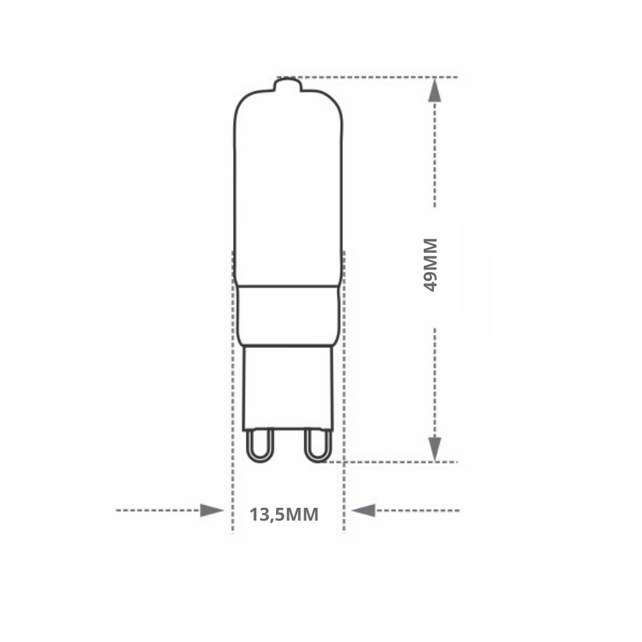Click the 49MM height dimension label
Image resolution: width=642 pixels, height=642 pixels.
pyautogui.click(x=430, y=265)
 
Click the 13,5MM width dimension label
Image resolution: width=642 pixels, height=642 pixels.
pyautogui.click(x=284, y=515)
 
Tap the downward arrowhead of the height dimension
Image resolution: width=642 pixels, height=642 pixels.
pyautogui.click(x=435, y=449)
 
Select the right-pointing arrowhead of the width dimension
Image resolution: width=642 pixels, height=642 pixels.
pyautogui.click(x=212, y=510)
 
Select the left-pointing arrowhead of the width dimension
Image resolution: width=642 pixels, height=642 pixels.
pyautogui.click(x=363, y=510)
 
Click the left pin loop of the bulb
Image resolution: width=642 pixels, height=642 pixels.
pyautogui.click(x=260, y=446)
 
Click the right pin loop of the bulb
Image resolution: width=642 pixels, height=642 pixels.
pyautogui.click(x=318, y=446)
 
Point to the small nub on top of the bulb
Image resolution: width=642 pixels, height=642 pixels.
pyautogui.click(x=288, y=84)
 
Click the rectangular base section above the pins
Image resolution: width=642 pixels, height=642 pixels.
pyautogui.click(x=288, y=388)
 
